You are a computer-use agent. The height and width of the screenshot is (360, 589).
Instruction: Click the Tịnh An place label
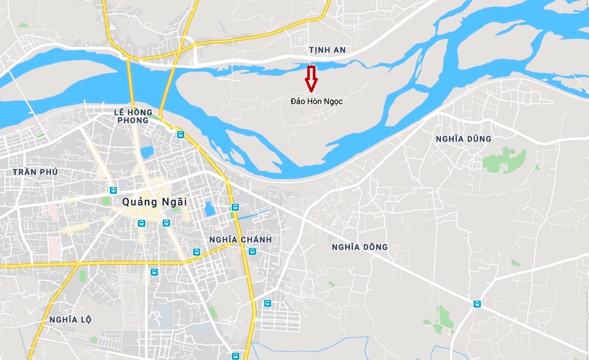[x=327, y=50]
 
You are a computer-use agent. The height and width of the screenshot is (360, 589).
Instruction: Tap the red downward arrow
[x=311, y=79]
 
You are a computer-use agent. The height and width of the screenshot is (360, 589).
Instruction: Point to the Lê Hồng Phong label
[x=131, y=116]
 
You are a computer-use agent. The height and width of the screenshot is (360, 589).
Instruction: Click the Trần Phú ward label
[x=35, y=172]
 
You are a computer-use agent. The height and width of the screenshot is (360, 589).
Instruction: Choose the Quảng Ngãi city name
[x=154, y=202]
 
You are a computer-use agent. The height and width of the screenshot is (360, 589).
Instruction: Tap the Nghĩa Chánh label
[x=240, y=239]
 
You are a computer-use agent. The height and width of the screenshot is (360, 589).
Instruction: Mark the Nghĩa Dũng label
[x=463, y=139]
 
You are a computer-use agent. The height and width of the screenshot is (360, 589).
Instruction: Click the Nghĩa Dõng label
[x=359, y=247]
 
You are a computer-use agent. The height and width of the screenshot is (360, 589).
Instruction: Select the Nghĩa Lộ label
[x=70, y=320]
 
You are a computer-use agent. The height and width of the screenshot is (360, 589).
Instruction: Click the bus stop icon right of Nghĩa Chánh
[x=252, y=251]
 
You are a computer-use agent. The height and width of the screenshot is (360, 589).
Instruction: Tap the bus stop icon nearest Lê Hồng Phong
[x=180, y=135]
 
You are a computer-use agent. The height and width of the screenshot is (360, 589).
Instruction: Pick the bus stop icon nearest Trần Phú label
[x=113, y=190]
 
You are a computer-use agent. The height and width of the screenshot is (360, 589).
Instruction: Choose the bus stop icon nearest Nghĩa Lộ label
[x=154, y=272]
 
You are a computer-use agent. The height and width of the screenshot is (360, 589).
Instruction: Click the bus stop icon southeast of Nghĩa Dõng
[x=477, y=304]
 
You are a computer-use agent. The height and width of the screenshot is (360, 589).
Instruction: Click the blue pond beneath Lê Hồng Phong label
[x=147, y=152]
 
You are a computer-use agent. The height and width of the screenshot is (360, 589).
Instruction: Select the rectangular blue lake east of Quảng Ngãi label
[x=209, y=209]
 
